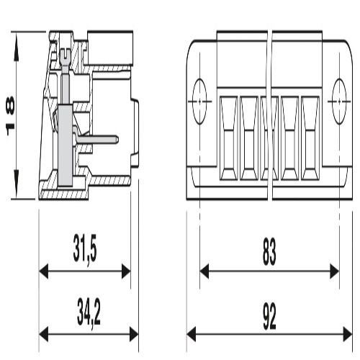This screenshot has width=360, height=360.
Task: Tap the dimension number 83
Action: (x=269, y=252)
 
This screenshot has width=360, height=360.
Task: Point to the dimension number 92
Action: (x=269, y=316)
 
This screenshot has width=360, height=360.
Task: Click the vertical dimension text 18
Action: (x=10, y=116)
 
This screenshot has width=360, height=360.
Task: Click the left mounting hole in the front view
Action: (x=199, y=102)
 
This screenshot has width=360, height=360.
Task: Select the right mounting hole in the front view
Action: (x=339, y=102)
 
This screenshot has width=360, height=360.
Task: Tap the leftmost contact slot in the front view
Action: (x=228, y=138)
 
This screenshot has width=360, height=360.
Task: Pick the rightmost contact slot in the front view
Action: (x=310, y=138)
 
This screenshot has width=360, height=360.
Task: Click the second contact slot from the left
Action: (x=249, y=138)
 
